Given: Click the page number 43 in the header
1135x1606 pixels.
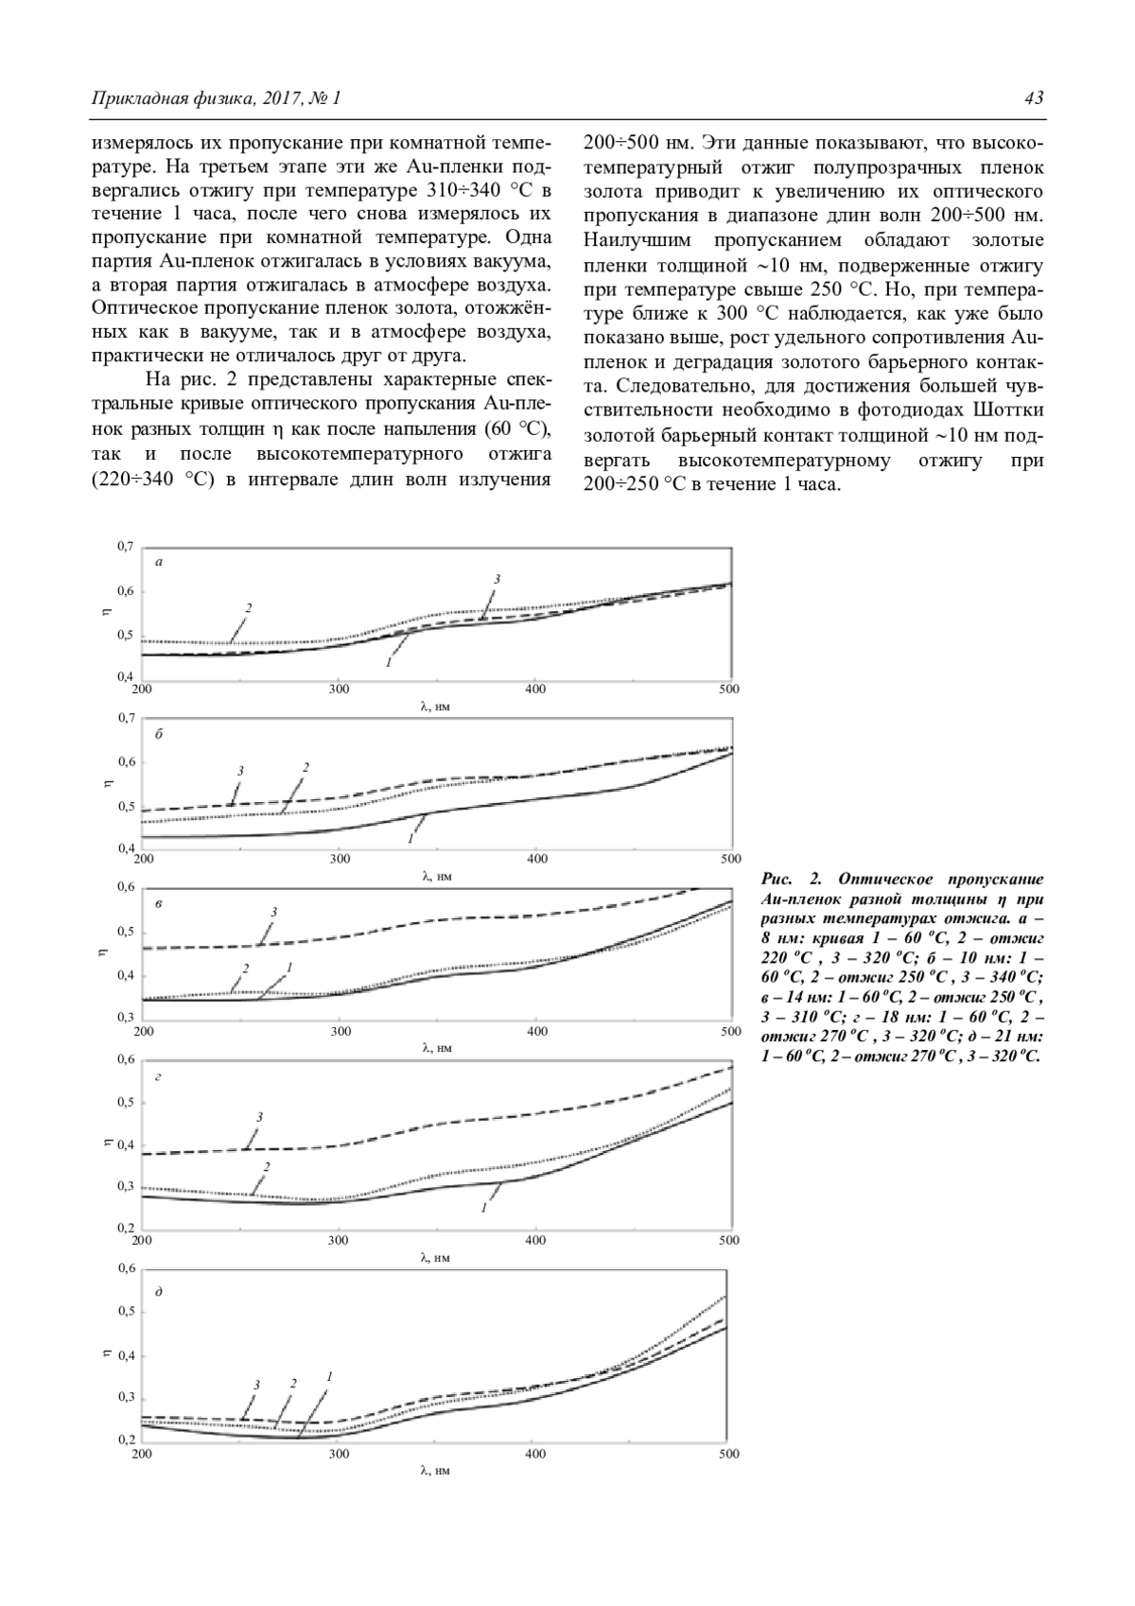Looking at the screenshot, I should pyautogui.click(x=1033, y=98).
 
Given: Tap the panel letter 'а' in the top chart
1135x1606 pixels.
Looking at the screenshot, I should pyautogui.click(x=159, y=563).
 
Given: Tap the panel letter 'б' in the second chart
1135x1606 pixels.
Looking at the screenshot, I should pyautogui.click(x=159, y=734).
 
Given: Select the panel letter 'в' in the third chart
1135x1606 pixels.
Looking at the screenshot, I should pyautogui.click(x=159, y=904).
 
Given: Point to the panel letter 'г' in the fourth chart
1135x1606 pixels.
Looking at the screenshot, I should pyautogui.click(x=158, y=1077).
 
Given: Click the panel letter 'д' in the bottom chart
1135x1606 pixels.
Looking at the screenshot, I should pyautogui.click(x=158, y=1291).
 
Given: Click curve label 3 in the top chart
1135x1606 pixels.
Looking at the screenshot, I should pyautogui.click(x=497, y=578).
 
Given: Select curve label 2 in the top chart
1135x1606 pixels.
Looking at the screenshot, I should pyautogui.click(x=249, y=607).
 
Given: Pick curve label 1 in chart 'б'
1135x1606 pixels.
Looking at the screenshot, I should pyautogui.click(x=410, y=839).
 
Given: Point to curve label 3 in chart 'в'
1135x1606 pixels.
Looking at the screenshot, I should pyautogui.click(x=273, y=912).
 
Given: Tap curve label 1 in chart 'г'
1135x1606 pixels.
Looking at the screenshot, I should pyautogui.click(x=484, y=1208).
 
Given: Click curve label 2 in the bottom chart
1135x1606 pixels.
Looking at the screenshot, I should pyautogui.click(x=293, y=1383).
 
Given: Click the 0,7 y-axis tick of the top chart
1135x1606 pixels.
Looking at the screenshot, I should pyautogui.click(x=126, y=547).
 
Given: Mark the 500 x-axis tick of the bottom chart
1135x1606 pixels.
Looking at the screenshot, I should pyautogui.click(x=728, y=1453).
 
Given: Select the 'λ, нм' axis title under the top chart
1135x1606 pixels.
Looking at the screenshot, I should pyautogui.click(x=436, y=706).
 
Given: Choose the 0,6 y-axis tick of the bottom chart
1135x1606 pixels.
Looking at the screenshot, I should pyautogui.click(x=126, y=1268).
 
